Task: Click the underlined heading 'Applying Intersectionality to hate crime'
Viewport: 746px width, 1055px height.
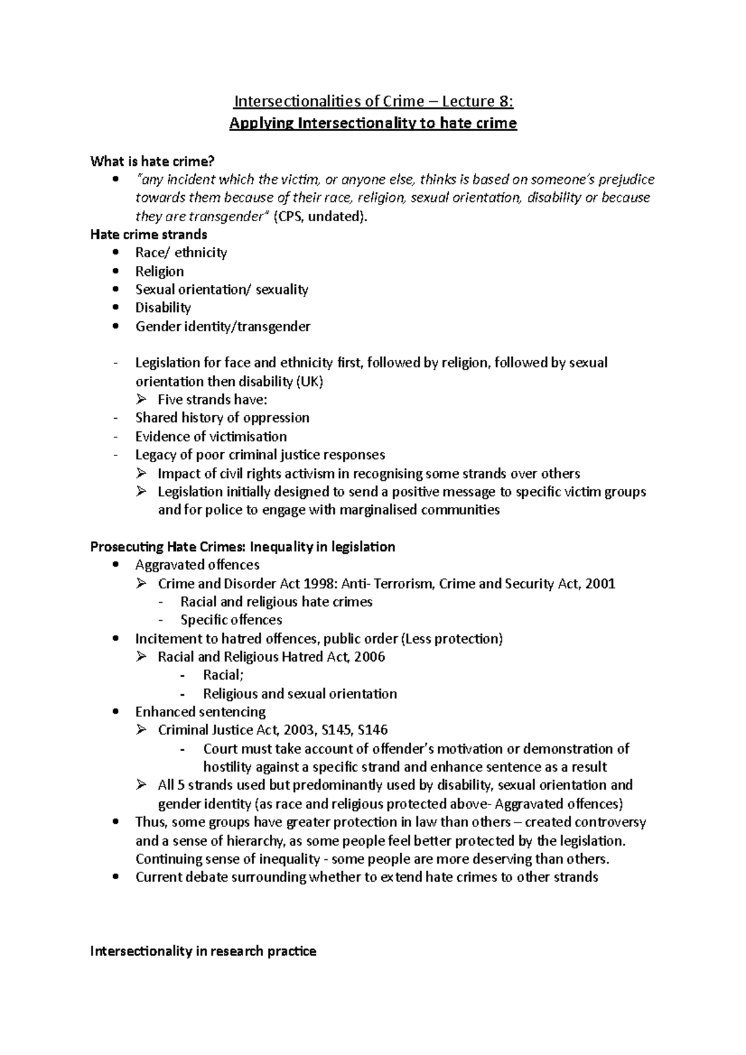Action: tap(373, 123)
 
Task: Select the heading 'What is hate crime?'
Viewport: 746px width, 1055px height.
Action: tap(152, 162)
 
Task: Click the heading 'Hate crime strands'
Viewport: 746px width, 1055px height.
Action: tap(149, 234)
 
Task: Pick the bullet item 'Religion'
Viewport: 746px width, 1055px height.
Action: tap(159, 271)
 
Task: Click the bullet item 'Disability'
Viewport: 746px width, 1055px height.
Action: tap(163, 308)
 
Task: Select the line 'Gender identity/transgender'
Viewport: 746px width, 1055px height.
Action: tap(223, 326)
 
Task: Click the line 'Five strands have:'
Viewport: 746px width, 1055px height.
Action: tap(213, 400)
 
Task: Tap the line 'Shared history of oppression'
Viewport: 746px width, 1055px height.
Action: tap(222, 418)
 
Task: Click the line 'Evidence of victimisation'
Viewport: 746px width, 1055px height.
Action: tap(211, 436)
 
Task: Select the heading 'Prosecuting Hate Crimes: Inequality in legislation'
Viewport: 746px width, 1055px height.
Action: tap(242, 547)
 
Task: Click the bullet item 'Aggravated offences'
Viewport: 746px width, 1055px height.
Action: tap(197, 565)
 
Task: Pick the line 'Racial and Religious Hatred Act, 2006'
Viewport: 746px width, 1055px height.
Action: tap(271, 657)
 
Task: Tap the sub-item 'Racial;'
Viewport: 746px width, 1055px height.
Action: tap(223, 675)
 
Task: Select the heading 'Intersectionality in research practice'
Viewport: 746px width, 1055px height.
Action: tap(203, 951)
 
